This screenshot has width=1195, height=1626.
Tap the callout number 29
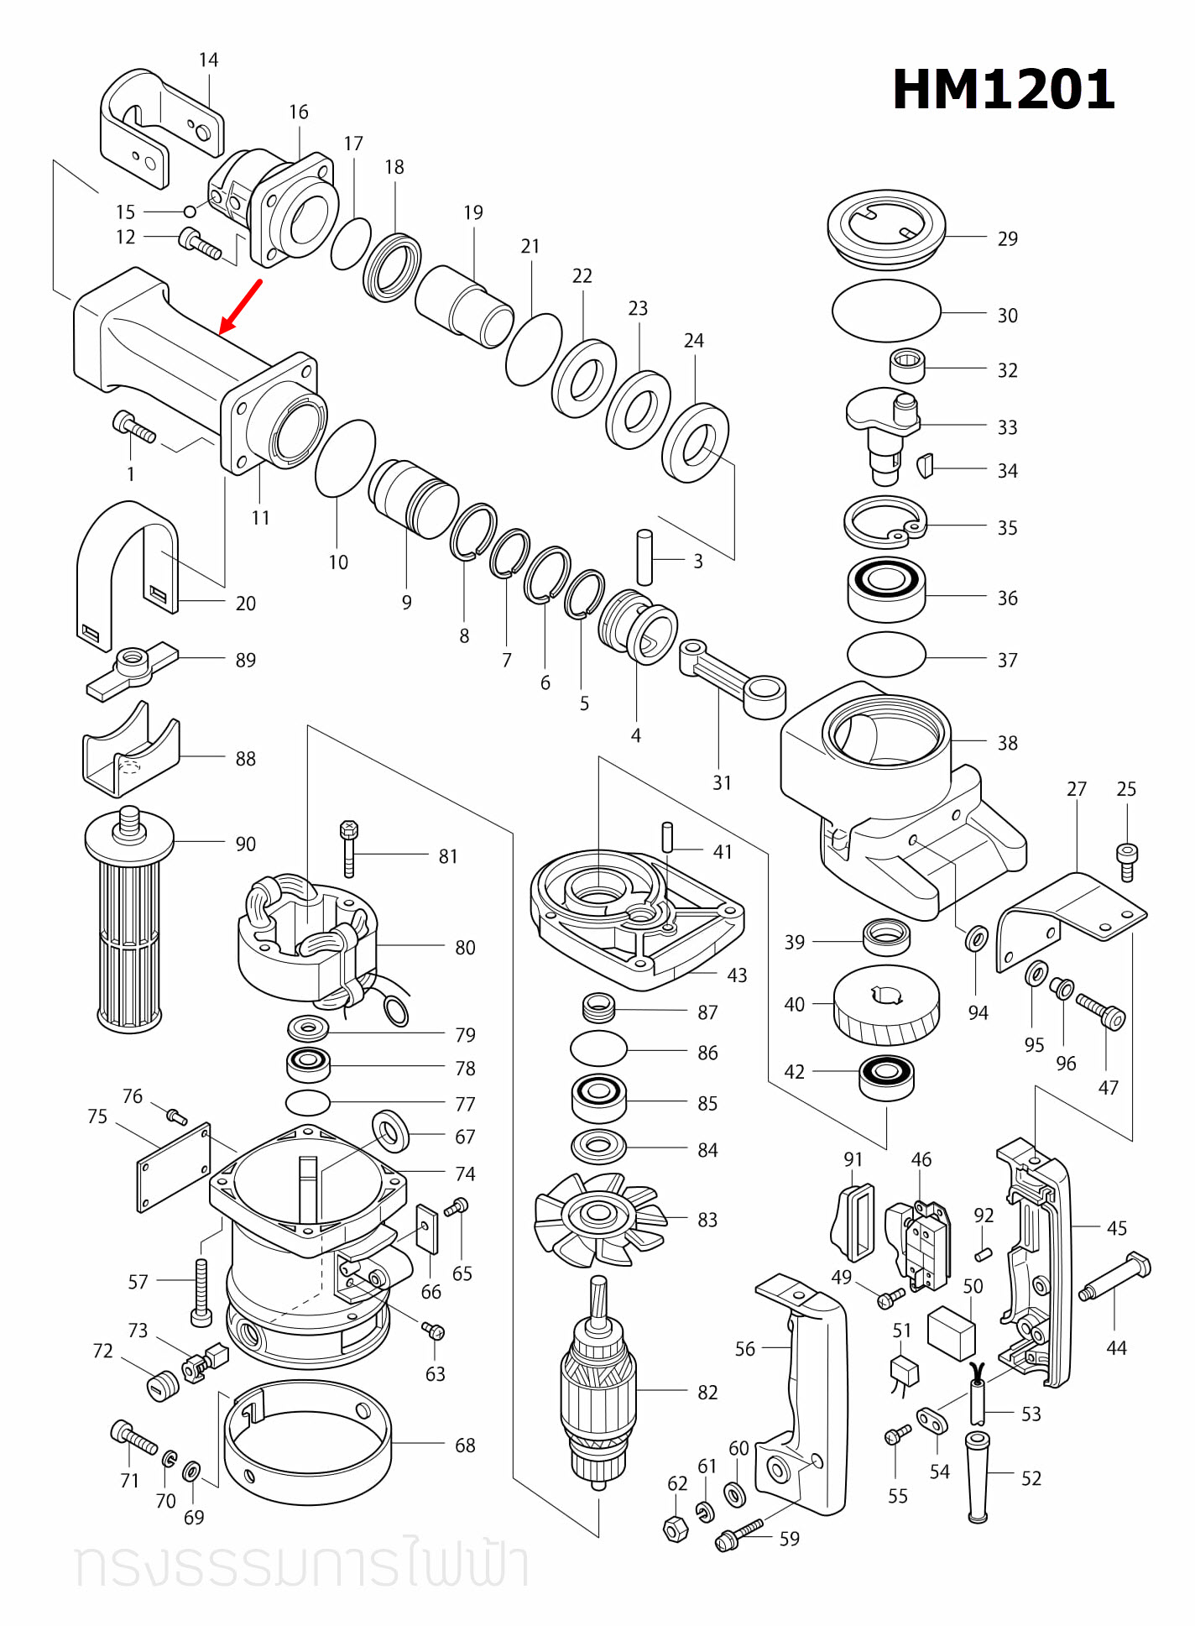1007,239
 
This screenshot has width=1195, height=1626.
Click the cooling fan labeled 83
599,1218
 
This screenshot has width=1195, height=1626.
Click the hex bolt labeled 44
1116,1278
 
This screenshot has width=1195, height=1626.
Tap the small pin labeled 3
644,557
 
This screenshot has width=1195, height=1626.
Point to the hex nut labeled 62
676,1529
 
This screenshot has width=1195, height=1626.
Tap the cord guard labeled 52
977,1477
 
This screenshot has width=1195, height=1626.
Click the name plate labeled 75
174,1168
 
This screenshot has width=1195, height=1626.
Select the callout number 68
465,1446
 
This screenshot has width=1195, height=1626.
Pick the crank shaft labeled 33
884,432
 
